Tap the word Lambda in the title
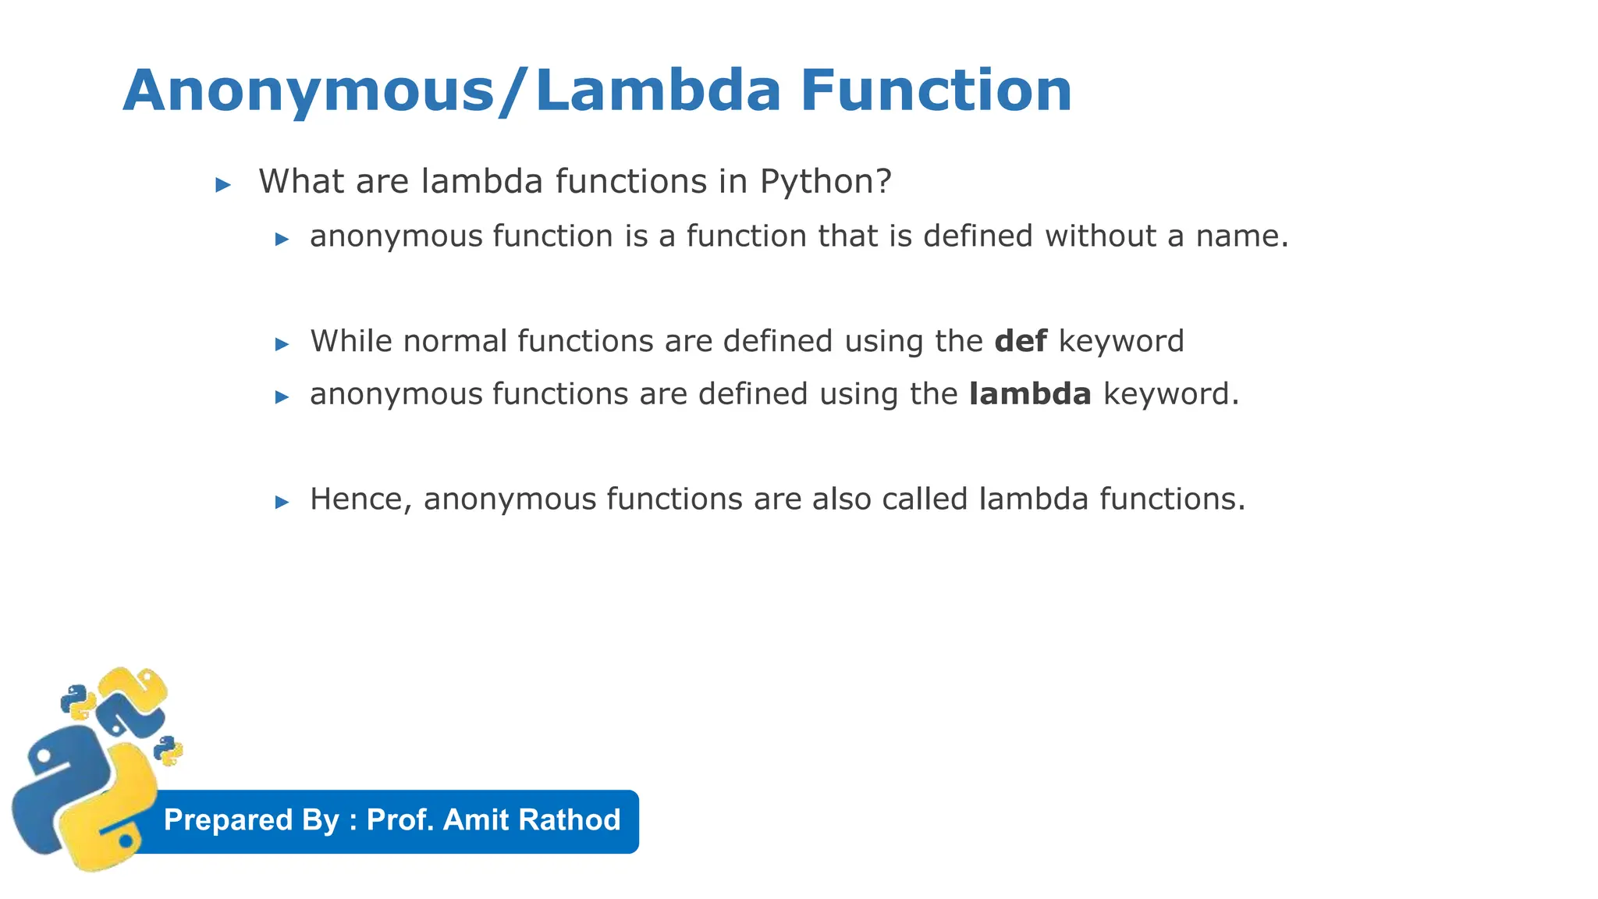(658, 91)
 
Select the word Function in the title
(936, 91)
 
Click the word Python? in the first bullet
(826, 182)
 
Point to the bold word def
(1021, 341)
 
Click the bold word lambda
(1030, 394)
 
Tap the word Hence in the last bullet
(360, 499)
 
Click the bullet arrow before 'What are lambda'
(223, 185)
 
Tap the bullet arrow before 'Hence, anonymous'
(282, 502)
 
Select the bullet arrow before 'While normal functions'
(282, 344)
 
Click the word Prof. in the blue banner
(400, 820)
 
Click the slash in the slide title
(515, 91)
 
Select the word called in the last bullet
(925, 499)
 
